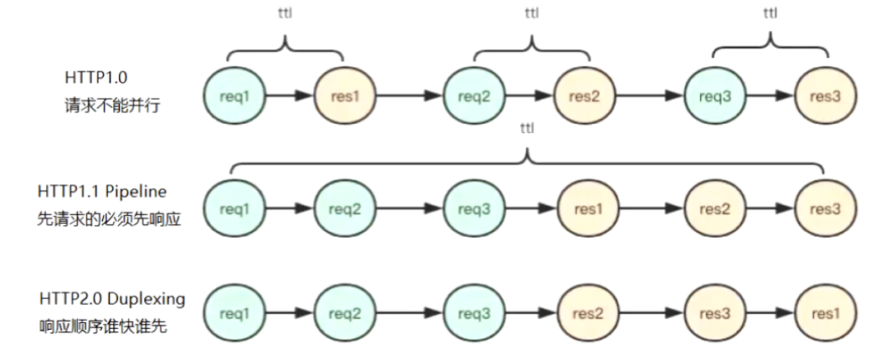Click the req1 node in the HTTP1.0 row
[x=234, y=96]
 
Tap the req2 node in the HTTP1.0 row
[x=475, y=96]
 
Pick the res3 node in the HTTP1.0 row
[x=827, y=96]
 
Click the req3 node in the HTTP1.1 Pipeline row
[x=475, y=208]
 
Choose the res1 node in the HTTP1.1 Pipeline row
[x=587, y=208]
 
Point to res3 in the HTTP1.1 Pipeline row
[x=827, y=208]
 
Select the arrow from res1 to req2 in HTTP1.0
[x=410, y=96]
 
